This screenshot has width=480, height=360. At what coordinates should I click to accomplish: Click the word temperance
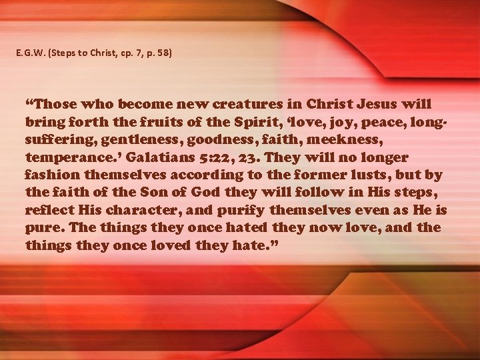(69, 158)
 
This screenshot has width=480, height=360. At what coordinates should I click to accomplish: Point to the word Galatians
(163, 158)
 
